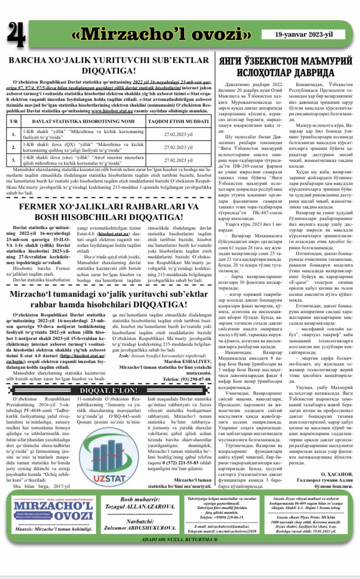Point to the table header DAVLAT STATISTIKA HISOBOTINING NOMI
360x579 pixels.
click(x=81, y=121)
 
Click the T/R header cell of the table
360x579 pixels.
click(x=14, y=121)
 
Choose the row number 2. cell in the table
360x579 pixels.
click(x=14, y=147)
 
